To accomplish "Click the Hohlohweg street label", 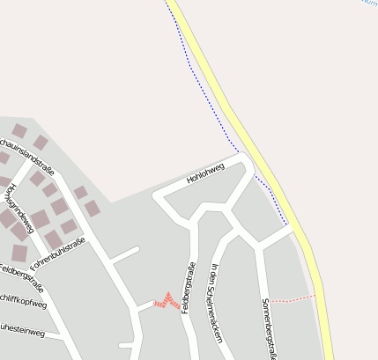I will coord(205,173).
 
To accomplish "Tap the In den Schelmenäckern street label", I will coord(215,297).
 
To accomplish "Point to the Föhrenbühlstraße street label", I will coord(57,253).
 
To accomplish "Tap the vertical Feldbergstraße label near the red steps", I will coord(187,288).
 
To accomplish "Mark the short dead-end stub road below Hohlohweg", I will coord(125,254).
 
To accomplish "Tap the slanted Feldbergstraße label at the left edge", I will coord(22,276).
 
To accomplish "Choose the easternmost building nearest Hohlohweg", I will coord(93,209).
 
